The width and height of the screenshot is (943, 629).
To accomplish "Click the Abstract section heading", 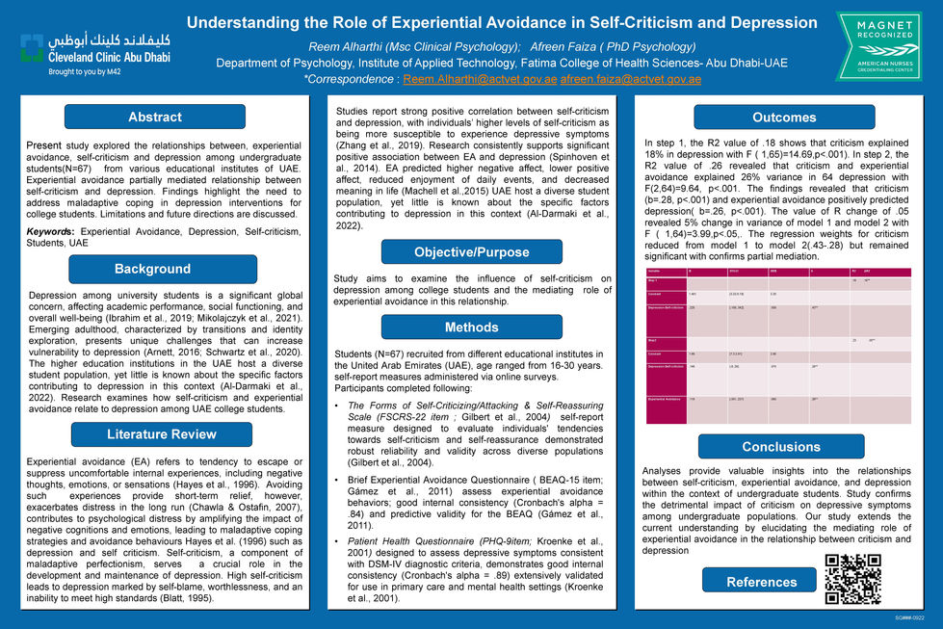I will point(154,118).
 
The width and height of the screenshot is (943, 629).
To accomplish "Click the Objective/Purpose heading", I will point(471,252).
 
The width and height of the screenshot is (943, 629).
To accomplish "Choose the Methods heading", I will point(471,328).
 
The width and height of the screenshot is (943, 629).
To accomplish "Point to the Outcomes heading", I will point(783,118).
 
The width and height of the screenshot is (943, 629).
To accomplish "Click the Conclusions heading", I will point(780,447).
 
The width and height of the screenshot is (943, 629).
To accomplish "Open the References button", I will point(761,581).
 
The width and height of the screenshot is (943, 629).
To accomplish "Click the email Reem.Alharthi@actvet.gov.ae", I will point(479,79).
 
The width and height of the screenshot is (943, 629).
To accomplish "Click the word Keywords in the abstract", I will point(51,232).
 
